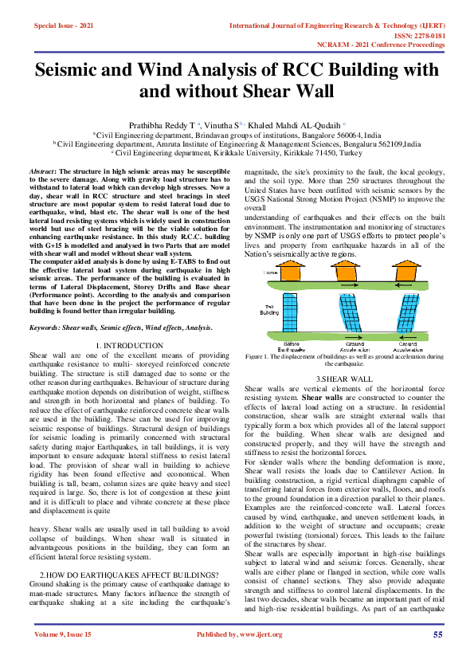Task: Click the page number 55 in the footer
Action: (437, 634)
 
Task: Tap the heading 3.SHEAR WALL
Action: (343, 377)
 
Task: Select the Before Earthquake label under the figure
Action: (287, 347)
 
